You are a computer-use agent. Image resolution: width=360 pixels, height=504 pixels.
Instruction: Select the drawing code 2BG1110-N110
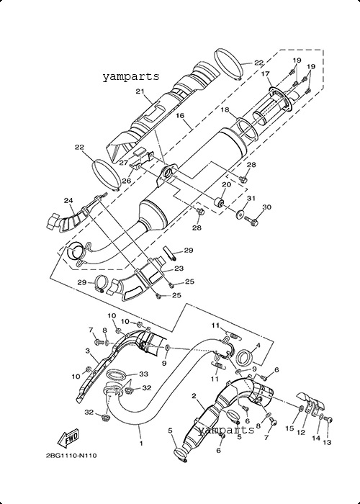(71, 456)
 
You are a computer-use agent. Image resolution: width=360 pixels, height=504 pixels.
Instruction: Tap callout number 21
(140, 91)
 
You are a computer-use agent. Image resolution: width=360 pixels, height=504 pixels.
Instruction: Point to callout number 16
(180, 114)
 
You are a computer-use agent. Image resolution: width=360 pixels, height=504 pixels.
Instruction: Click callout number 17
(265, 74)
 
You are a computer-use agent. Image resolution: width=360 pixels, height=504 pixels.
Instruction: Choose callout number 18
(225, 110)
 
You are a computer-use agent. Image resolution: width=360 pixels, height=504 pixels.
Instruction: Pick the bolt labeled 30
(252, 220)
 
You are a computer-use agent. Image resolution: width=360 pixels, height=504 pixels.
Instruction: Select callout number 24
(68, 201)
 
